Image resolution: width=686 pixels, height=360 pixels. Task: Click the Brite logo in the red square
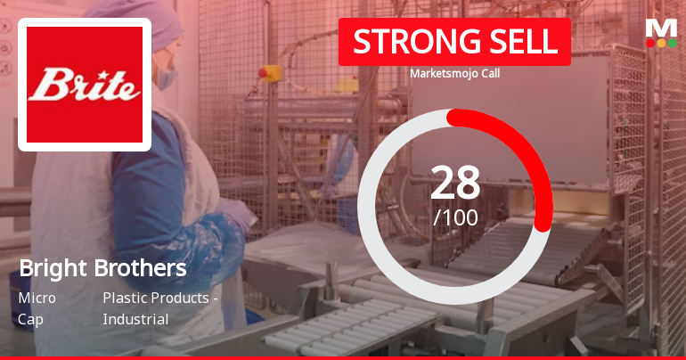tap(85, 85)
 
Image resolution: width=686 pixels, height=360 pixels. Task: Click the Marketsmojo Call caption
tap(454, 74)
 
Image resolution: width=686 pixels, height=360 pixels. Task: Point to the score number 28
tap(455, 183)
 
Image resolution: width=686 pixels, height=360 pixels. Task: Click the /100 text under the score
tap(455, 217)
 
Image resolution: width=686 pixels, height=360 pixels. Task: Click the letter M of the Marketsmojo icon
tap(661, 27)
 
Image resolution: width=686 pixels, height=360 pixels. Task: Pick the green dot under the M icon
tap(673, 43)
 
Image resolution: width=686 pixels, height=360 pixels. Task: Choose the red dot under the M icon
tap(650, 43)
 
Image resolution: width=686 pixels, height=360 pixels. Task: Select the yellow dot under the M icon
tap(661, 43)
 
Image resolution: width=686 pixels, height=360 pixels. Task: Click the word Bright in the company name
tap(53, 268)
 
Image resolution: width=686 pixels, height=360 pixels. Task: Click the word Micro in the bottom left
tap(37, 298)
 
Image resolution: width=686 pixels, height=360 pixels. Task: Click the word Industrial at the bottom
tap(135, 318)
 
